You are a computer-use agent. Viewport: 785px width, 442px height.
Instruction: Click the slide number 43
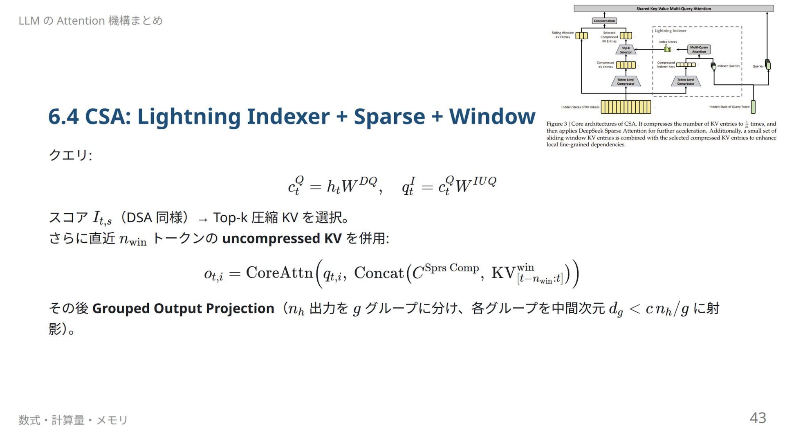[758, 418]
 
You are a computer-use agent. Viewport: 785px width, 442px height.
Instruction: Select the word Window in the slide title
[492, 116]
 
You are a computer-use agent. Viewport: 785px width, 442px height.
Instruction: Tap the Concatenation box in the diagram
[604, 21]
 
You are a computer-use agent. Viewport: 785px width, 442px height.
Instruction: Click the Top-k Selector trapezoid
[626, 50]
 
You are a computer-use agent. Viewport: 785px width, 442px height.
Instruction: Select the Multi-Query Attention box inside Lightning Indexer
[699, 50]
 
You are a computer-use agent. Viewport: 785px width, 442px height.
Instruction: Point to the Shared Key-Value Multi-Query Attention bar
[674, 9]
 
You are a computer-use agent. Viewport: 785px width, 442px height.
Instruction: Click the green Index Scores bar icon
[667, 49]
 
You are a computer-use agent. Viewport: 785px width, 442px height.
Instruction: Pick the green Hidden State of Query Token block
[753, 107]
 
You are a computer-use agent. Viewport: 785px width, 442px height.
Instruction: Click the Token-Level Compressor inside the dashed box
[686, 81]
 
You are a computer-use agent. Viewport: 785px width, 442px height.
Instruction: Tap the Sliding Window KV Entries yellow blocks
[581, 36]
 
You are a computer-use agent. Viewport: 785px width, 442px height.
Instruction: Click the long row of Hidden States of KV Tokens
[626, 107]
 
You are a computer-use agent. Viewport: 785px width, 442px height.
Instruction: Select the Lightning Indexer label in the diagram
[671, 31]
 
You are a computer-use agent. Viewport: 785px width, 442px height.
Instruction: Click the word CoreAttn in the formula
[279, 273]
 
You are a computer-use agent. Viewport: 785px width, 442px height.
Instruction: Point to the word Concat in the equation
[379, 273]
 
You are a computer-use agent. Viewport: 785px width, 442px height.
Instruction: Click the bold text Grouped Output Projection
[183, 308]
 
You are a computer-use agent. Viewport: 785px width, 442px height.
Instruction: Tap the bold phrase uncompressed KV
[282, 238]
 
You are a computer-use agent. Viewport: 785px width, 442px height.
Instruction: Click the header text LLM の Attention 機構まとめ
[91, 20]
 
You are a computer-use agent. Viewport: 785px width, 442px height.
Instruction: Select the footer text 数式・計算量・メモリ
[73, 420]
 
